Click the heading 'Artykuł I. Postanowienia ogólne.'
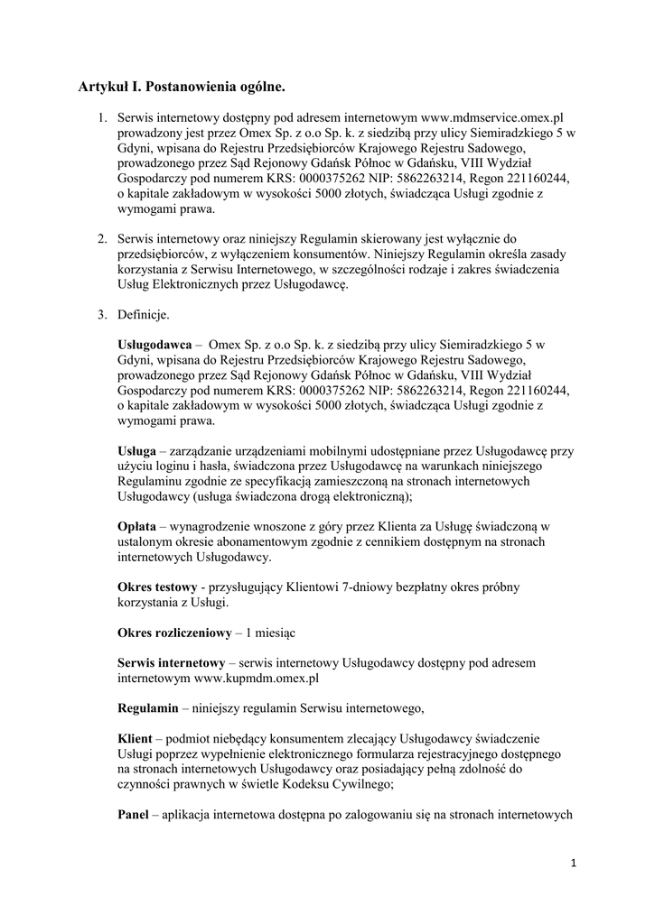click(x=181, y=87)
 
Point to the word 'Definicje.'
click(x=143, y=315)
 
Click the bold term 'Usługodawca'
click(x=154, y=345)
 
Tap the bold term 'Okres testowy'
click(x=157, y=587)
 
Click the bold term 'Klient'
click(x=136, y=738)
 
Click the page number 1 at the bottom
click(x=574, y=864)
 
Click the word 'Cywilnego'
click(x=354, y=784)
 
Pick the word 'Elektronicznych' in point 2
click(x=203, y=284)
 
